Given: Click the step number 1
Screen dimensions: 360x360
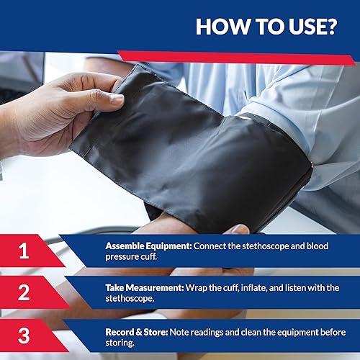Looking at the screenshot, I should click(x=24, y=251).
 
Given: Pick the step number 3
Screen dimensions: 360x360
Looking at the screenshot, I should click(x=24, y=336).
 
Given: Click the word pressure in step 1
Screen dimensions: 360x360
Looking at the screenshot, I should click(x=124, y=256).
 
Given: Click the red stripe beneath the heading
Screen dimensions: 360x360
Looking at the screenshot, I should click(x=238, y=57).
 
